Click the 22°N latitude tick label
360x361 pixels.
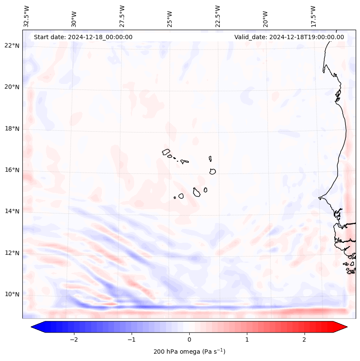coord(12,46)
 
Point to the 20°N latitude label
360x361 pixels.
coord(12,87)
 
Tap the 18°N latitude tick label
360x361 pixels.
coord(12,129)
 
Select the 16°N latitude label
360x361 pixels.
coord(12,170)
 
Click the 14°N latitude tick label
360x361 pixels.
coord(12,211)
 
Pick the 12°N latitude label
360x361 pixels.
coord(12,253)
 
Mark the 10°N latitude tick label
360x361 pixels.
coord(12,294)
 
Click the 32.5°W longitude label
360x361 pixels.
coord(27,16)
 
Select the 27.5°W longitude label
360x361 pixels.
coord(122,16)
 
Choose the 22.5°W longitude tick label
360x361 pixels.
coord(218,16)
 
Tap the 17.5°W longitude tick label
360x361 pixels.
coord(313,16)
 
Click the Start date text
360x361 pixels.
coord(83,37)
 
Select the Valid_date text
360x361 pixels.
coord(289,37)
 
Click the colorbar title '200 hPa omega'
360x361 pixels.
coord(189,352)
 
